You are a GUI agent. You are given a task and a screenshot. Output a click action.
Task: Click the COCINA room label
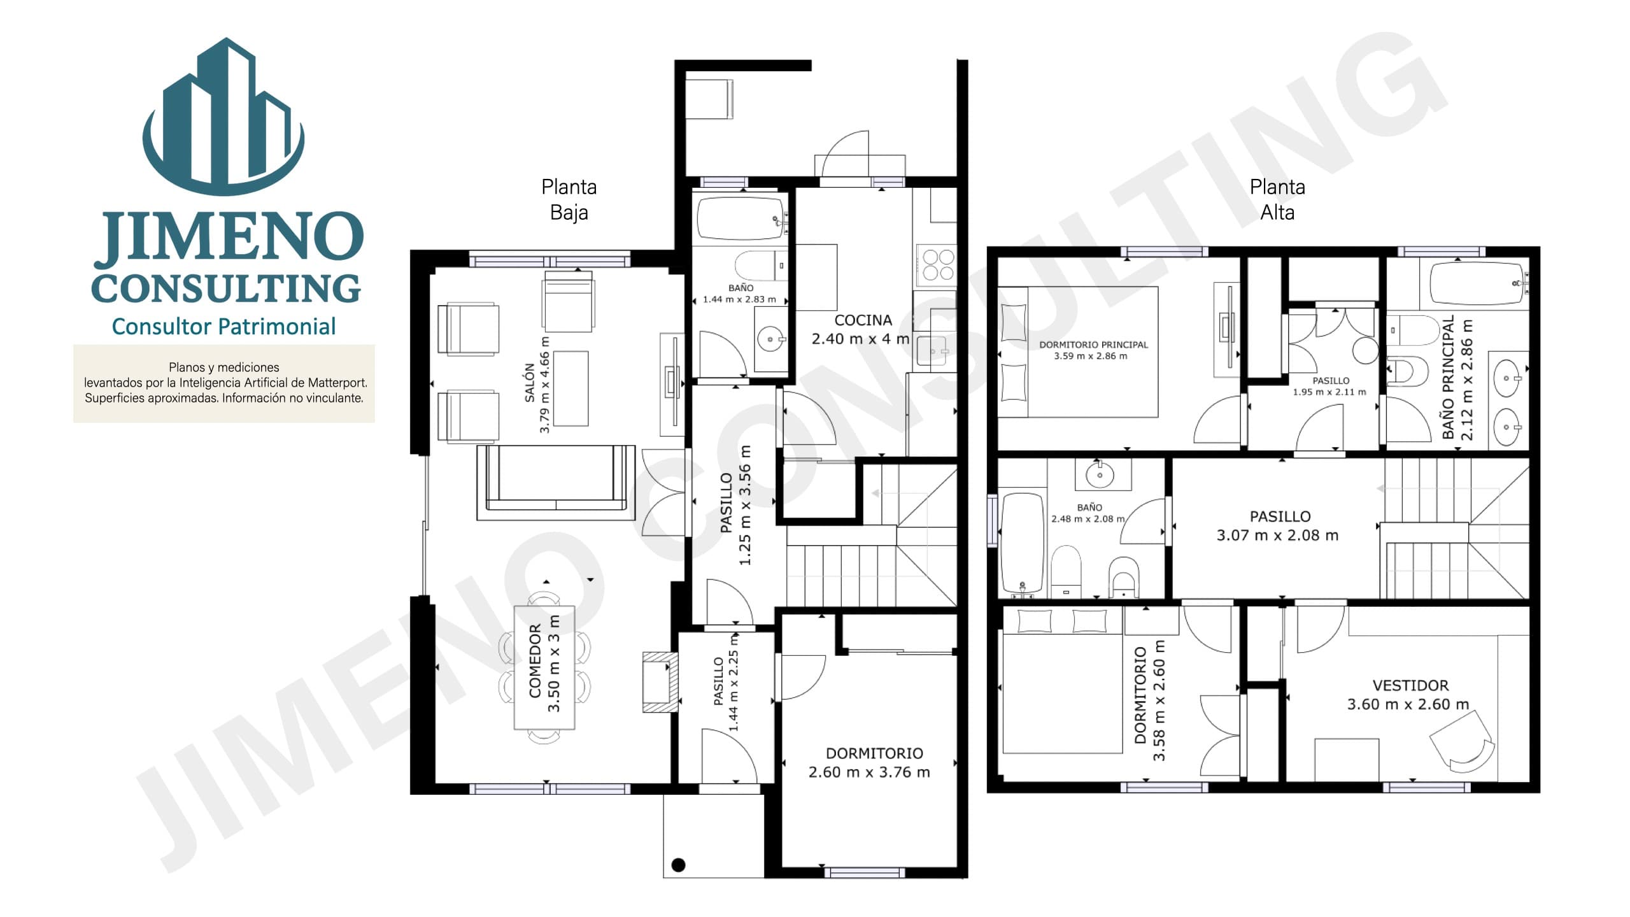tap(863, 320)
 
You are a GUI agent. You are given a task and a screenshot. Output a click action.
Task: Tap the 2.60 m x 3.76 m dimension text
tap(869, 772)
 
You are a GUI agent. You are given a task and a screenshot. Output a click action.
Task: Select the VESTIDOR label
tap(1410, 686)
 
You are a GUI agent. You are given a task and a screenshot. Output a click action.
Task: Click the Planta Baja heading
tap(569, 199)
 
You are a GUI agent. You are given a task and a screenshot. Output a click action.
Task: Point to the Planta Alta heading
tap(1277, 199)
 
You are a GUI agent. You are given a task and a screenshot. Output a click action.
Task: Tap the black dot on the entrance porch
tap(678, 865)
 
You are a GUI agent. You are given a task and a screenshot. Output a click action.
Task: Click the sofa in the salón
tap(556, 483)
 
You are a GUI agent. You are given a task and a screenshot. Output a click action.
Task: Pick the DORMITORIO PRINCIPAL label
tap(1093, 345)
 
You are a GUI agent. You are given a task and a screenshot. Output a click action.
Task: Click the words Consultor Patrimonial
tap(223, 327)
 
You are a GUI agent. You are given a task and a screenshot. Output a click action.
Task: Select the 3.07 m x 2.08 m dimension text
tap(1277, 536)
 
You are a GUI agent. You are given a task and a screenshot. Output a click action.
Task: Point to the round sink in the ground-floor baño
tap(770, 339)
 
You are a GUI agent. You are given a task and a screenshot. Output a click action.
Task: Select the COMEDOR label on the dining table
tap(535, 661)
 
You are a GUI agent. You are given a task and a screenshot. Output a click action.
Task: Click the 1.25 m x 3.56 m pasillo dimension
tap(745, 505)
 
